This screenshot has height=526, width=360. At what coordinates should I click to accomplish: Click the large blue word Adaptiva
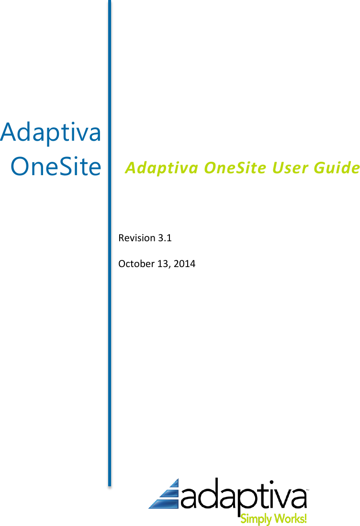pos(51,133)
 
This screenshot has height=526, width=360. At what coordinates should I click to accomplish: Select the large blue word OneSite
pos(56,167)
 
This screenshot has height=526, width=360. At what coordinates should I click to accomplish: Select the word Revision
pos(136,238)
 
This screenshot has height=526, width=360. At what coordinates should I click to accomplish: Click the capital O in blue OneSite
pos(21,167)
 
